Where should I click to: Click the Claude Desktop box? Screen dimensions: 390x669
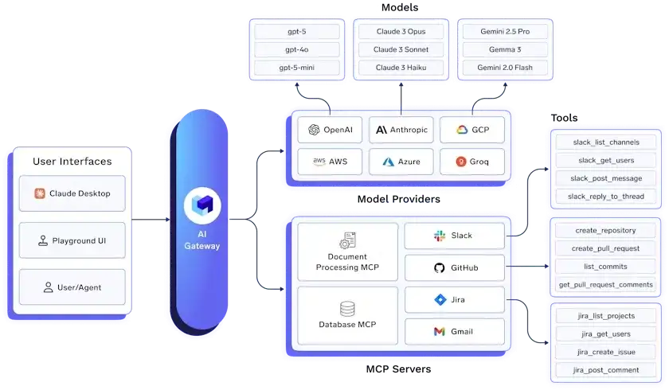pyautogui.click(x=72, y=193)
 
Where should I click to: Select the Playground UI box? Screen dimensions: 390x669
pyautogui.click(x=72, y=240)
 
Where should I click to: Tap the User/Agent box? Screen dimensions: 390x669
pyautogui.click(x=72, y=287)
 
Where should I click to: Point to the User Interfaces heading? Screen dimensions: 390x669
pyautogui.click(x=72, y=162)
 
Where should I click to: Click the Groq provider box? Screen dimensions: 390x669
pyautogui.click(x=472, y=162)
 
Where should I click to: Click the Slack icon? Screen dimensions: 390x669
pyautogui.click(x=438, y=236)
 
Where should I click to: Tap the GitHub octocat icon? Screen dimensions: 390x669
pyautogui.click(x=438, y=267)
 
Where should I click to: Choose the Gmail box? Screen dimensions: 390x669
pyautogui.click(x=455, y=331)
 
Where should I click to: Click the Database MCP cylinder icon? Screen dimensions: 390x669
pyautogui.click(x=347, y=308)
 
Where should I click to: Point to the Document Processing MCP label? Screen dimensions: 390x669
pyautogui.click(x=347, y=262)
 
